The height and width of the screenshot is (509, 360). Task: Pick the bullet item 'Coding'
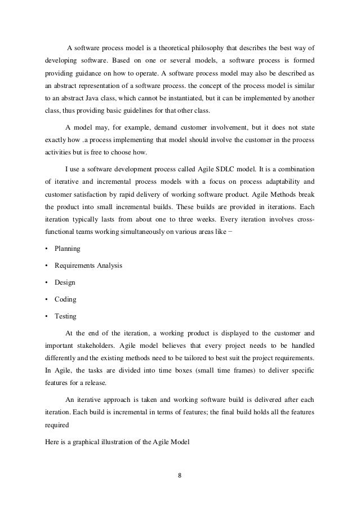point(65,299)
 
